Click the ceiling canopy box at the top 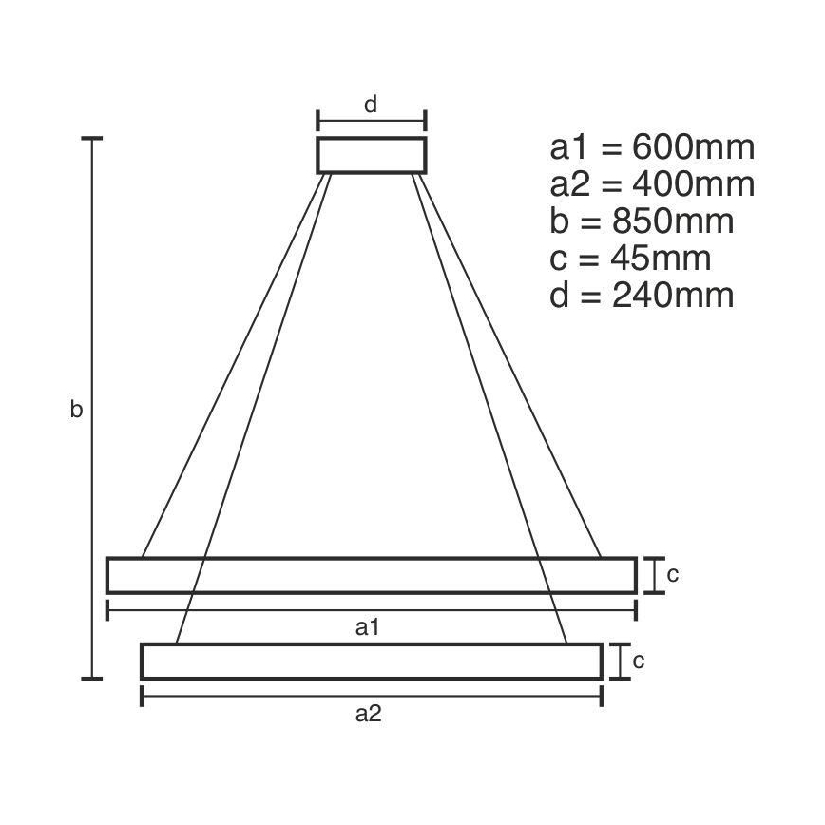(x=372, y=155)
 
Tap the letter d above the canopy (x=372, y=105)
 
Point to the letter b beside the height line (x=77, y=410)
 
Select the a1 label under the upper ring (x=368, y=626)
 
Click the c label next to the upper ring (x=672, y=574)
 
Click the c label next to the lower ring (x=638, y=661)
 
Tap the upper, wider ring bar (x=371, y=575)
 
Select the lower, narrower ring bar (x=371, y=661)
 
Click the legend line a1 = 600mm (x=652, y=147)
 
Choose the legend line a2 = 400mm (x=652, y=184)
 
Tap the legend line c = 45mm (x=630, y=258)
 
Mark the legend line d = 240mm (x=642, y=295)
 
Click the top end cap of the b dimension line (x=92, y=139)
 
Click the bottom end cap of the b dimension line (x=92, y=679)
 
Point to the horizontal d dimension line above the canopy (x=372, y=121)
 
